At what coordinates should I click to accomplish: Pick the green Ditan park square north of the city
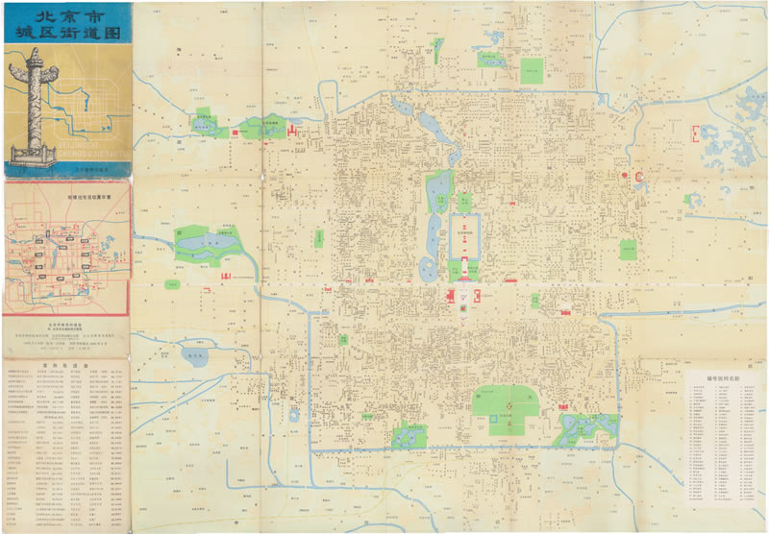[x=531, y=70]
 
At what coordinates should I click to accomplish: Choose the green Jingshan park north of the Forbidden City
[x=463, y=201]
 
